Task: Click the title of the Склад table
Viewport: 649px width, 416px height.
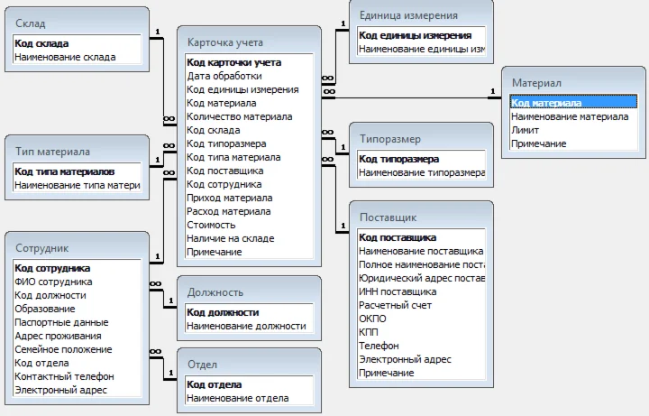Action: point(31,23)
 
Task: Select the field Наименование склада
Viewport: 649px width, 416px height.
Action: point(65,57)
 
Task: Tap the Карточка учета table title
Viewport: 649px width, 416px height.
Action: point(224,42)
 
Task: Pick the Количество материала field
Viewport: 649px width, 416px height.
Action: point(239,116)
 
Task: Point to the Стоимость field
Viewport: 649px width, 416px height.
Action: point(211,225)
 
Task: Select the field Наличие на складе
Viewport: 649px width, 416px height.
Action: point(230,238)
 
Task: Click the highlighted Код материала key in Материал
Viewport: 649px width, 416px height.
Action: point(544,103)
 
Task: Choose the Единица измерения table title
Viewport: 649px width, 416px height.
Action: point(407,15)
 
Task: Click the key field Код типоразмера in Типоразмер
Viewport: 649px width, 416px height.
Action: point(399,159)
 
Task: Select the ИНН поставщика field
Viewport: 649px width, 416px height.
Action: point(398,291)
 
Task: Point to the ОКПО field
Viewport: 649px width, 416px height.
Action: point(372,319)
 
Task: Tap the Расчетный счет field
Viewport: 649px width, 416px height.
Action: point(396,305)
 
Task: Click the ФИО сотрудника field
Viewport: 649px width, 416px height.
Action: point(53,282)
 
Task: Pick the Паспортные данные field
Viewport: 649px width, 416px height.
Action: point(61,322)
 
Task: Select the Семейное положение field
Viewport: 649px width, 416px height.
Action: point(63,349)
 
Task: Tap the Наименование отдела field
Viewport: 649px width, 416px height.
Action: point(237,398)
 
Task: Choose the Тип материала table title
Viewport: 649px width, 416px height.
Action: point(51,152)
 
